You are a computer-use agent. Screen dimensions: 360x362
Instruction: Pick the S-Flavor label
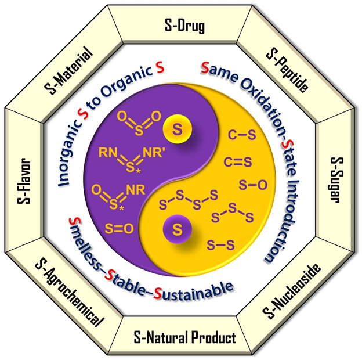[x=24, y=181]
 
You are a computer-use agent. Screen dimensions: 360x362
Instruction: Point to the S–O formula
[x=254, y=185]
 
